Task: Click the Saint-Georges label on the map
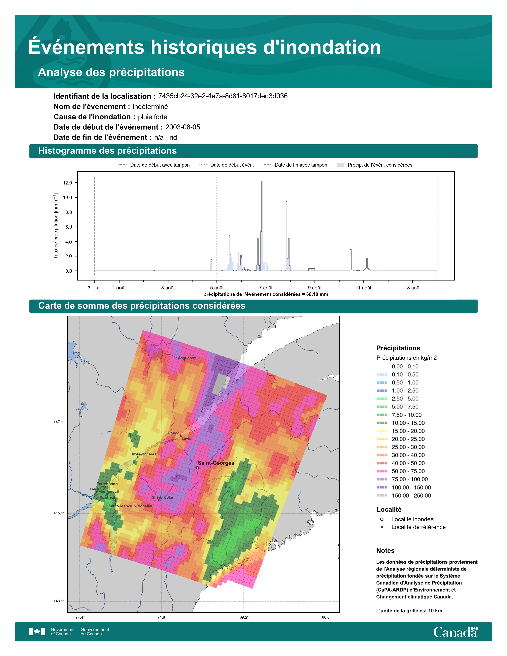tap(216, 463)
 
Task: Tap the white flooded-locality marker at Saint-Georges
tap(197, 468)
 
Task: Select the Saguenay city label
tap(187, 358)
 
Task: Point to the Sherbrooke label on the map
tap(162, 497)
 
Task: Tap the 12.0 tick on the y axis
tap(68, 183)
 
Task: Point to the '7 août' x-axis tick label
tap(266, 288)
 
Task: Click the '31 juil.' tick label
tap(95, 288)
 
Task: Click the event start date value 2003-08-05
tap(183, 127)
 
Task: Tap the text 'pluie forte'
tap(152, 117)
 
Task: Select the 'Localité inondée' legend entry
tap(407, 519)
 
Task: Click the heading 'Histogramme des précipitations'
tap(108, 151)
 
